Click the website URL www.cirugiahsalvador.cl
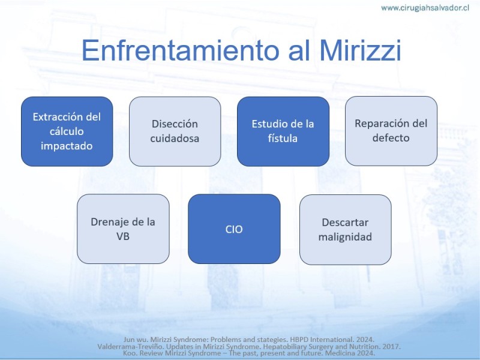(425, 8)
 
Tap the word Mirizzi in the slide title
(360, 50)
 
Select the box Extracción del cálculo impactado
(67, 131)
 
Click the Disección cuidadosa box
(175, 131)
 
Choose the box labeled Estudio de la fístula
(283, 131)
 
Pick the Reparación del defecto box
(391, 131)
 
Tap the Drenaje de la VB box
(123, 229)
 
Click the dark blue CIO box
(234, 229)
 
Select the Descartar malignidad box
(346, 230)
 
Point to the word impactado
(67, 146)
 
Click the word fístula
(283, 139)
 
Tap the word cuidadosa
(175, 139)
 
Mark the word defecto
(391, 138)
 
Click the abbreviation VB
(123, 236)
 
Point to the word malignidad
(345, 237)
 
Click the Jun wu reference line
(249, 340)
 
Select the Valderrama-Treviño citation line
(249, 347)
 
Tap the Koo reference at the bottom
(249, 353)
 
